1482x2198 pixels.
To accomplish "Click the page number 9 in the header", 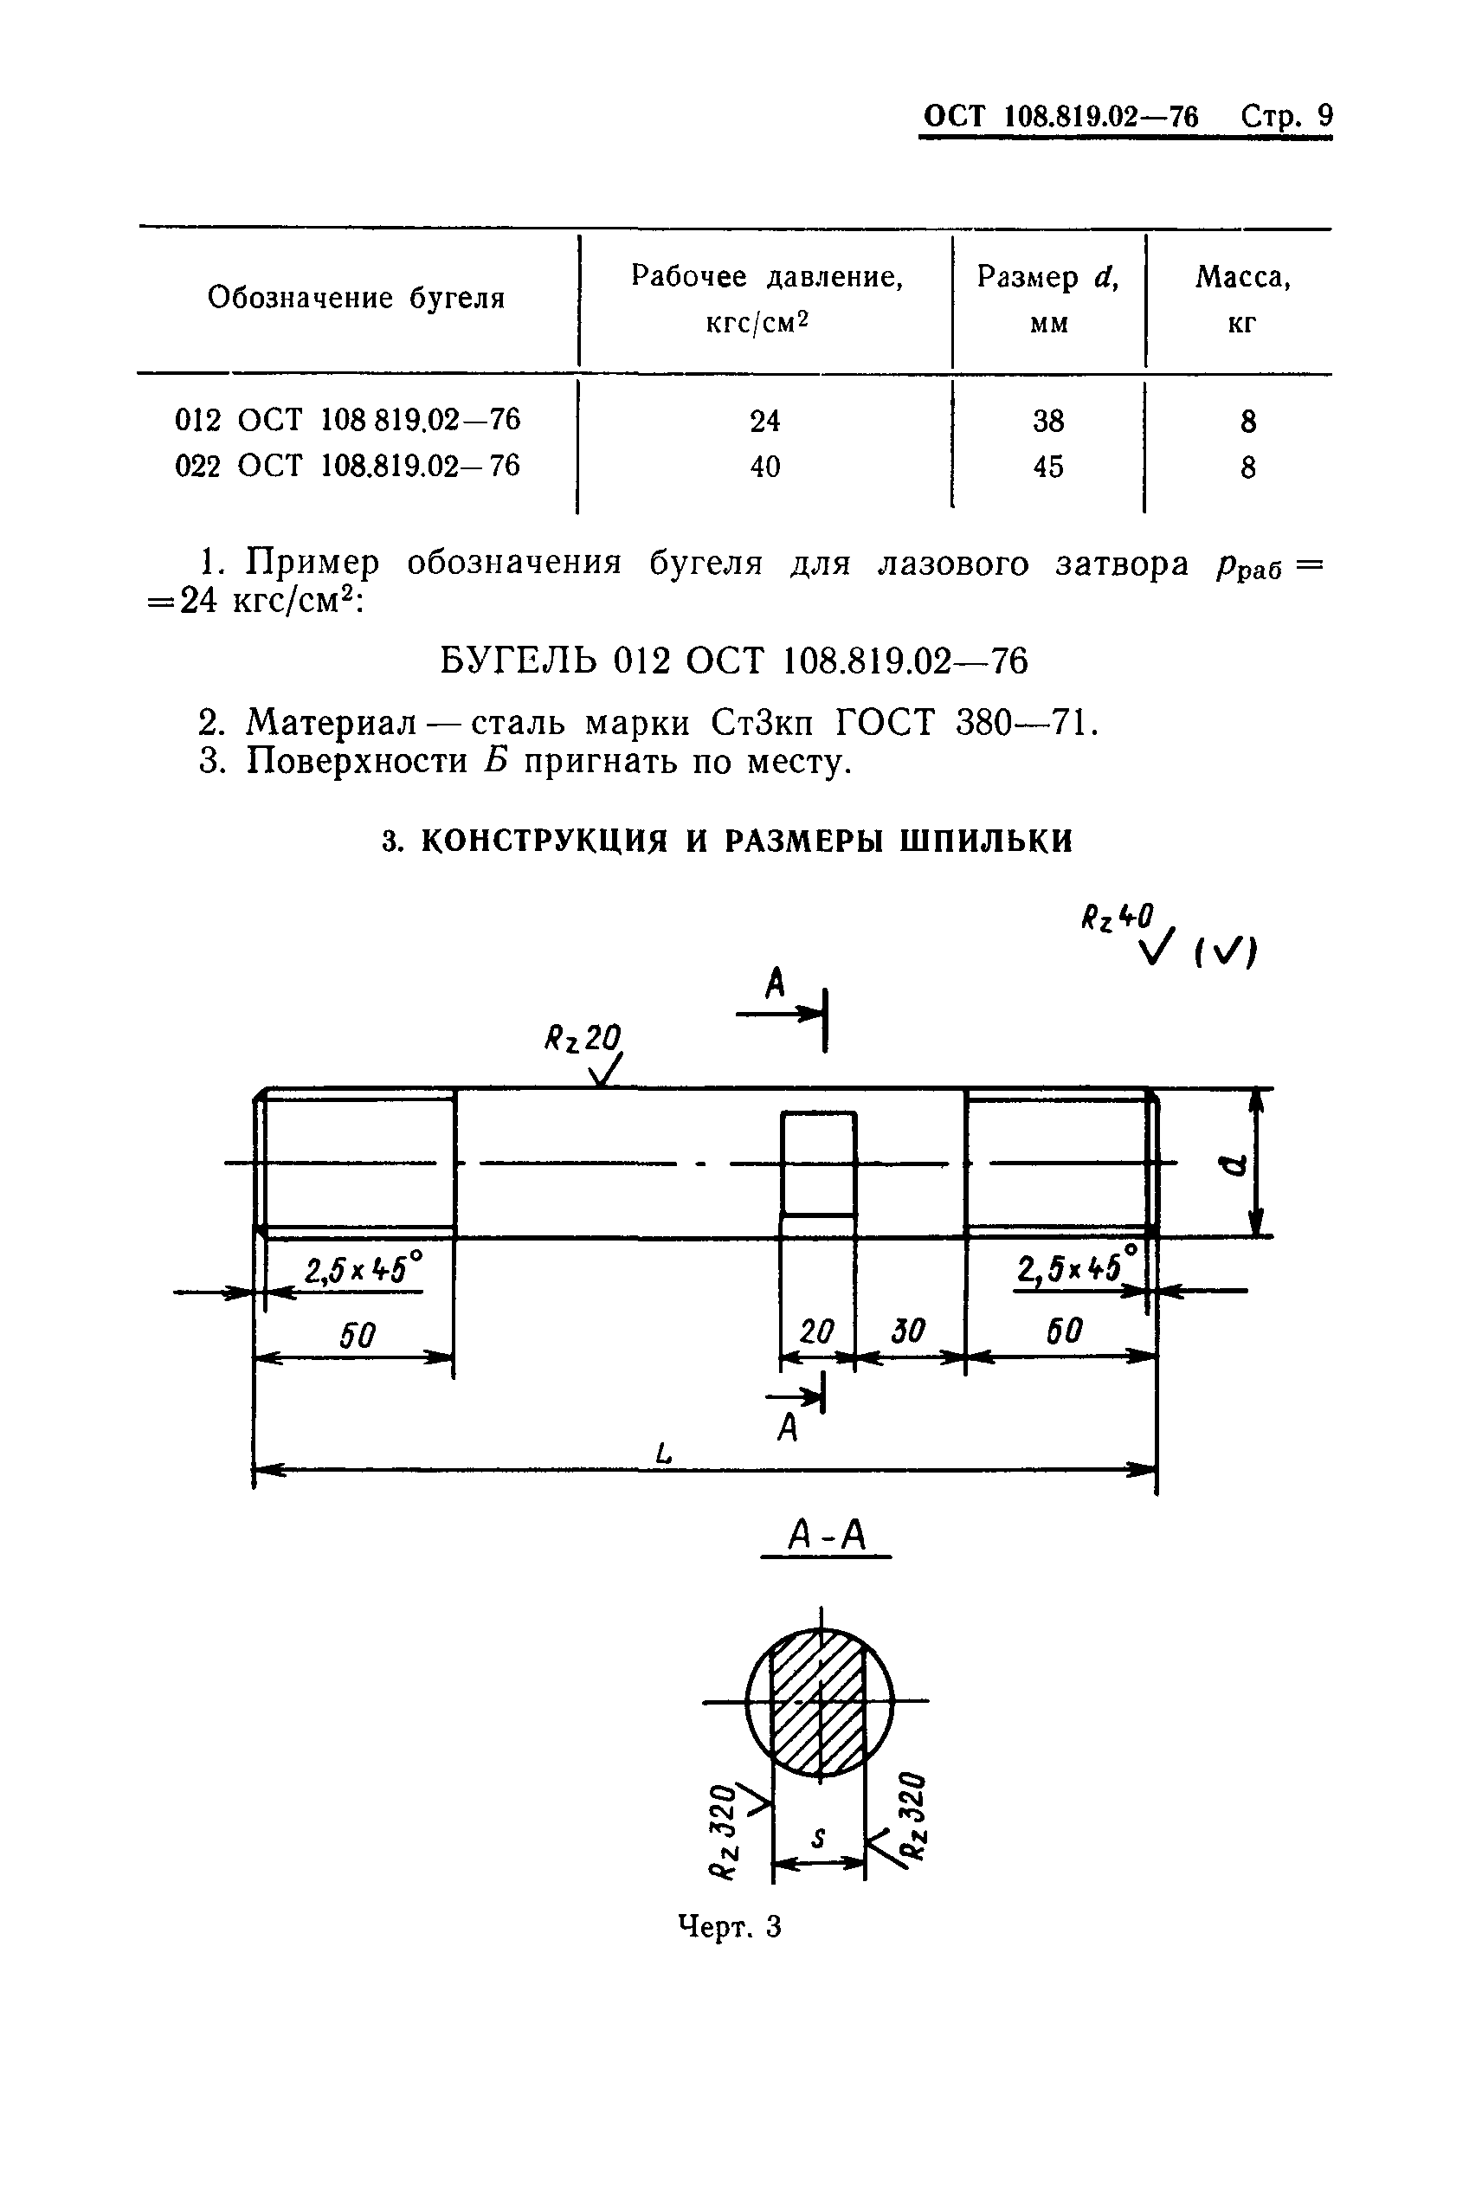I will (1324, 116).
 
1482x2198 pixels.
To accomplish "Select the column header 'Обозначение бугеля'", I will (356, 299).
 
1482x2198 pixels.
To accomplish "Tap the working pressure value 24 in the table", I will (764, 421).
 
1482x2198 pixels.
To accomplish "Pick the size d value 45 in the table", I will (1048, 467).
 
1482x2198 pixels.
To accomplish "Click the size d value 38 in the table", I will (1048, 421).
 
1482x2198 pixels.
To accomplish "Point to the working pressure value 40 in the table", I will (764, 467).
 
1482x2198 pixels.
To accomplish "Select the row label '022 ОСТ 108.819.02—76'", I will (347, 466).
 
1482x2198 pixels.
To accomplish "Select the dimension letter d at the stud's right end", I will (1234, 1167).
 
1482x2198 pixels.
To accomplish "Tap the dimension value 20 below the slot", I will (816, 1332).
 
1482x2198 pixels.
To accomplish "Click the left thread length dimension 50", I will (358, 1335).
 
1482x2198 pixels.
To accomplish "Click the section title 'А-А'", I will (826, 1537).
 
